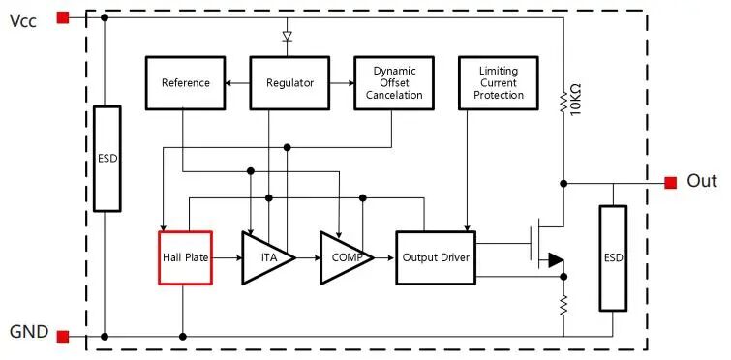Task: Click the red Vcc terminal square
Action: coord(63,17)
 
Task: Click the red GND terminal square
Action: coord(63,336)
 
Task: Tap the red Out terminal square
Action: coord(670,183)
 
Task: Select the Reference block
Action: coord(186,83)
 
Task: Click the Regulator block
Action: coord(289,83)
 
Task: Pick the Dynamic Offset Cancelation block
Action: coord(394,83)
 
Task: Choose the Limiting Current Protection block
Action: coord(499,83)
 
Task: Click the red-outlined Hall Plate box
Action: coord(186,257)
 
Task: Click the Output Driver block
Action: coord(436,257)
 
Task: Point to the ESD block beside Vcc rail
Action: coord(107,159)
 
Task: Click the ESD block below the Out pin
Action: coord(613,258)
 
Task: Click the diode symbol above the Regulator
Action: coord(288,37)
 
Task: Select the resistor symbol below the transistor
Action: coord(563,305)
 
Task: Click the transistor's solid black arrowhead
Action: coord(556,260)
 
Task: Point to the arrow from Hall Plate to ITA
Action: coord(228,257)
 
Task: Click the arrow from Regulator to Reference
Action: coord(238,83)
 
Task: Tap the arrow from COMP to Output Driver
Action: coord(384,257)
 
